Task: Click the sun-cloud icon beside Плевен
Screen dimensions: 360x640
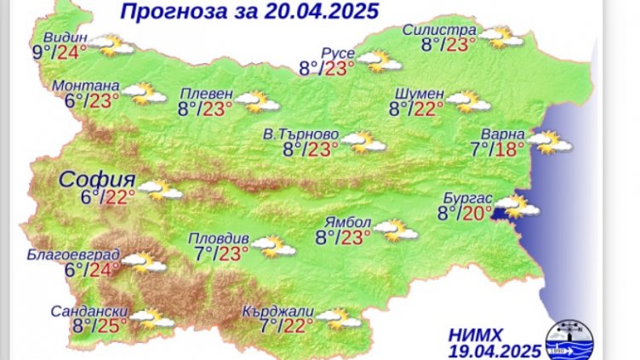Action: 258,102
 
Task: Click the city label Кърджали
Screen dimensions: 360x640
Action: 278,311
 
